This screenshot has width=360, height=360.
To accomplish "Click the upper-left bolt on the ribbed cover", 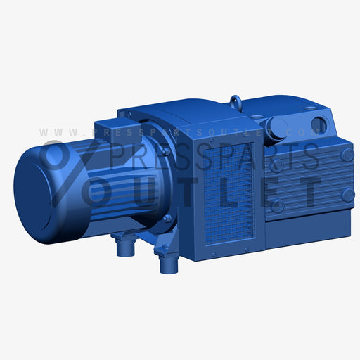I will (278, 165).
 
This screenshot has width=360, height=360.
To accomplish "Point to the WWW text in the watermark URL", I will (59, 131).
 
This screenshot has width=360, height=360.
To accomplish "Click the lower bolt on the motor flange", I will (167, 218).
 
